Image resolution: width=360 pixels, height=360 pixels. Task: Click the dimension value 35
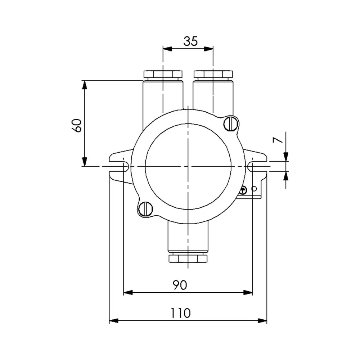(x=190, y=41)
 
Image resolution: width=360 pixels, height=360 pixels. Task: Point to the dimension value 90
(x=180, y=285)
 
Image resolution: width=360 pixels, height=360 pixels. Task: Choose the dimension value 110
(x=180, y=313)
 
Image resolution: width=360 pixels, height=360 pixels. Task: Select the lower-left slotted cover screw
(x=146, y=209)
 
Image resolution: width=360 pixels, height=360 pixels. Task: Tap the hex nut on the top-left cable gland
(x=163, y=75)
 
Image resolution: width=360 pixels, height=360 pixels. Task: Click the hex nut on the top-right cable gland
(x=213, y=75)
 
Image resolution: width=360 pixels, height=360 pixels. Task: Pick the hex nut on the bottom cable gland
(x=188, y=258)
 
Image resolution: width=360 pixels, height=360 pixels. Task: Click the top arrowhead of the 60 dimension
(x=85, y=85)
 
